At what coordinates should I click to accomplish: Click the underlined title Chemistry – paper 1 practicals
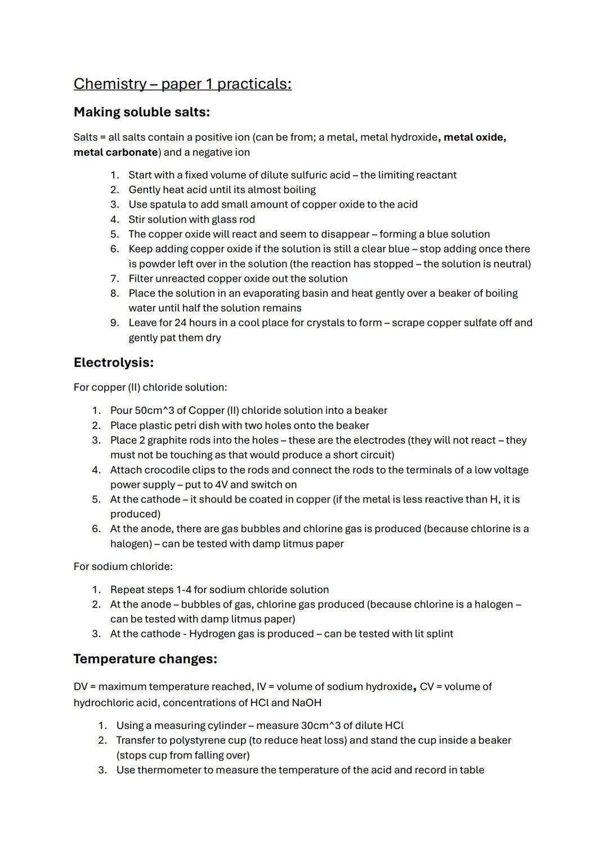pos(182,84)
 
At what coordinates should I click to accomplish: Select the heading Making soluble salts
pos(141,112)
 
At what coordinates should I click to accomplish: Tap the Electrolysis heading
pos(113,362)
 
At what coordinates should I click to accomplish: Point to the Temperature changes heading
pos(145,659)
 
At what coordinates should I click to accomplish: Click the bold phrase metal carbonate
pos(115,152)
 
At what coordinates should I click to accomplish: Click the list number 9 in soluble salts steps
pos(114,323)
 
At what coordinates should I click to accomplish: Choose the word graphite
pos(168,440)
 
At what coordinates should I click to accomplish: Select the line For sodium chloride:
pos(123,566)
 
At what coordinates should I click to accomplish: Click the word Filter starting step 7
pos(140,278)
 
